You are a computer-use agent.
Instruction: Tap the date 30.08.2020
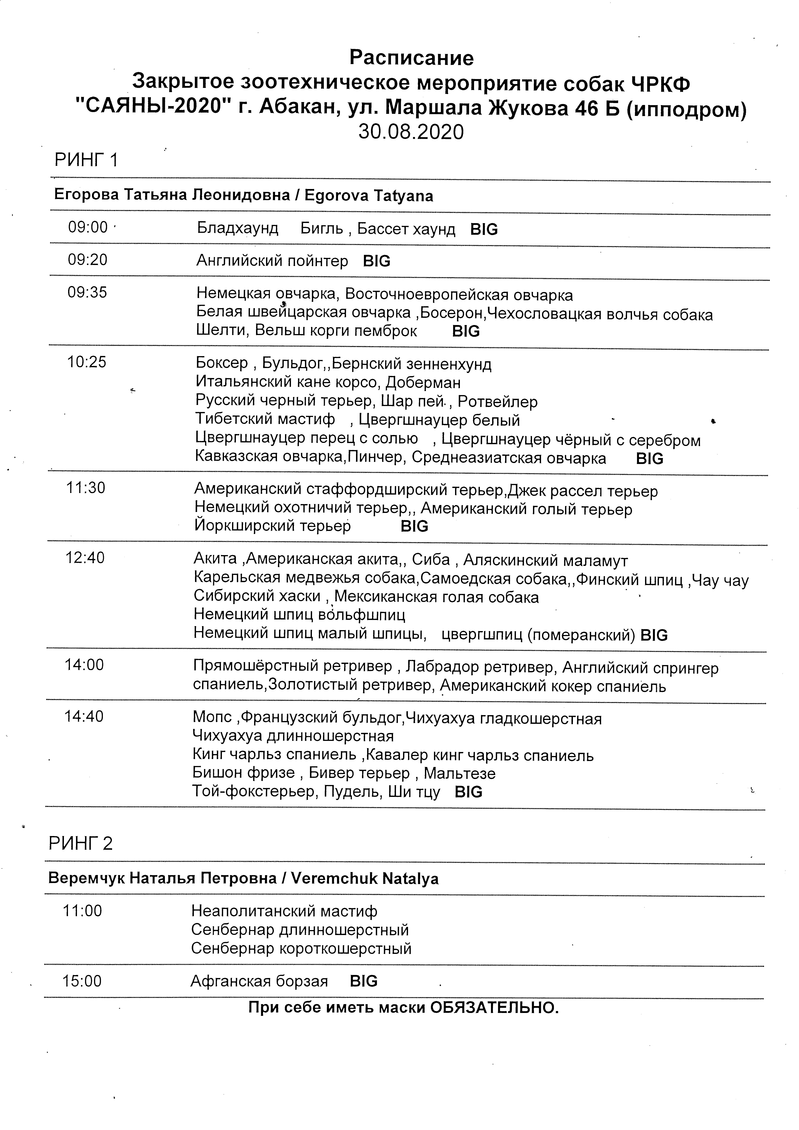tap(411, 132)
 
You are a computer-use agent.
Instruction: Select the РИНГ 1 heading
tap(86, 161)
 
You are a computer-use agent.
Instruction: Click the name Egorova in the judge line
tap(336, 196)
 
